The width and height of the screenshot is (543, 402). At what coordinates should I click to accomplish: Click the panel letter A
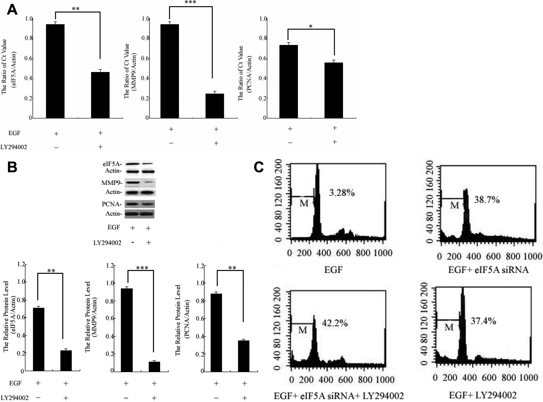pyautogui.click(x=12, y=10)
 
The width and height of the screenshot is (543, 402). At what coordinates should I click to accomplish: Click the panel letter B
pyautogui.click(x=12, y=168)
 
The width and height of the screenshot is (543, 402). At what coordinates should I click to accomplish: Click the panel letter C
pyautogui.click(x=259, y=168)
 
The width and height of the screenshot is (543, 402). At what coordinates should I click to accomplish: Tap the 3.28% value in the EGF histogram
pyautogui.click(x=342, y=193)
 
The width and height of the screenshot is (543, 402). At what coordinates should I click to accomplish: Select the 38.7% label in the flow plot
pyautogui.click(x=487, y=200)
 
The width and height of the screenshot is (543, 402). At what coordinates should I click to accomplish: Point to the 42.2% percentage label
pyautogui.click(x=334, y=324)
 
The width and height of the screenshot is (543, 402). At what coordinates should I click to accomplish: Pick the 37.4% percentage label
pyautogui.click(x=483, y=321)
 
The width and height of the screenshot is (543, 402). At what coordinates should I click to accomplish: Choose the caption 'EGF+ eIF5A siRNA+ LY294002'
pyautogui.click(x=339, y=396)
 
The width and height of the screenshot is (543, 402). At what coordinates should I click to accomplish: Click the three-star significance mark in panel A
pyautogui.click(x=190, y=3)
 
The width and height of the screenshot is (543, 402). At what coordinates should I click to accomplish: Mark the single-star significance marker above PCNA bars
pyautogui.click(x=310, y=26)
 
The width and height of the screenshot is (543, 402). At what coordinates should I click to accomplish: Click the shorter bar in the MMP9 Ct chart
pyautogui.click(x=215, y=106)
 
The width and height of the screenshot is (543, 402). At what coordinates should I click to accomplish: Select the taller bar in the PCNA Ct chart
pyautogui.click(x=288, y=81)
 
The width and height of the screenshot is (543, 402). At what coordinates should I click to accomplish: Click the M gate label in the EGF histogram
pyautogui.click(x=304, y=203)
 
